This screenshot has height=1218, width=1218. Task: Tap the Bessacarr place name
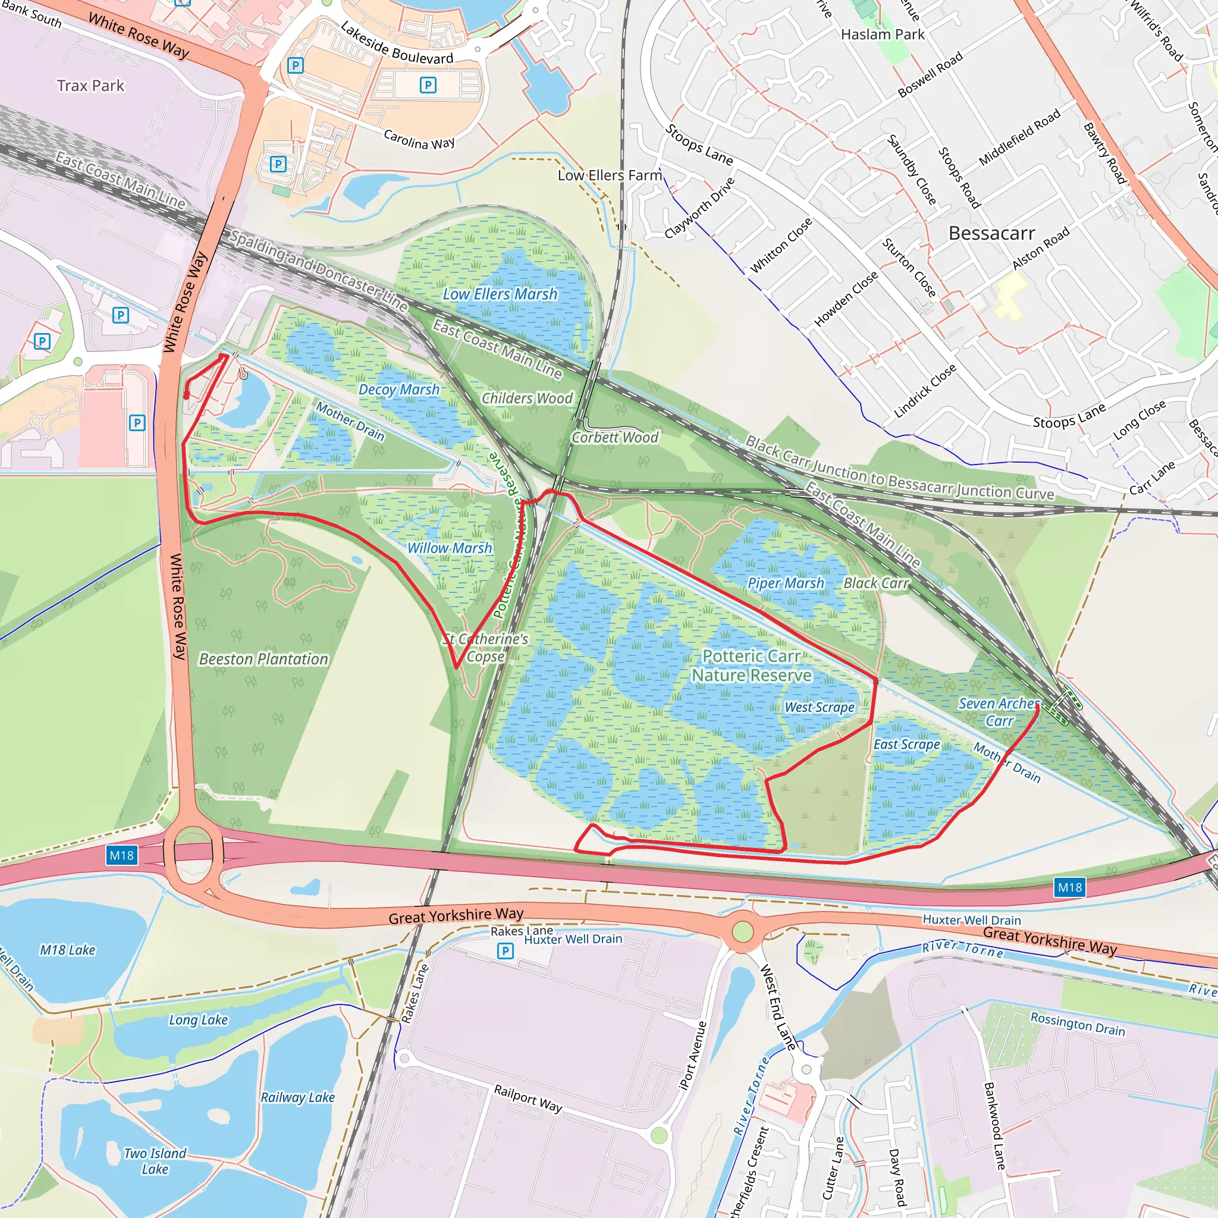tap(991, 233)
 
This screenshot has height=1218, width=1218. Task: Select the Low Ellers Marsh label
tap(500, 294)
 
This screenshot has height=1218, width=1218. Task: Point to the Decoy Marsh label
tap(398, 390)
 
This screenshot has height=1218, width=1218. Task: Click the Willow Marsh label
tap(449, 548)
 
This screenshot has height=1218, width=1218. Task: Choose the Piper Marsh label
tap(785, 583)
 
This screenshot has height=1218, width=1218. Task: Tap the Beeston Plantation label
tap(263, 659)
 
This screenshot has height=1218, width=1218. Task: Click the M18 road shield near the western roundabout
tap(122, 855)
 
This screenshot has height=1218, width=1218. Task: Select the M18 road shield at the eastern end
tap(1069, 888)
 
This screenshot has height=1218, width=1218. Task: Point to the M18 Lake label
tap(67, 949)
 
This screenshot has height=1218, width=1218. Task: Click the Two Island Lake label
tap(155, 1161)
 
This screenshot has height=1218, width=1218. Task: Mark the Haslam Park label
tap(882, 34)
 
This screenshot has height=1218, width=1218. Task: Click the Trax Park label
tap(91, 86)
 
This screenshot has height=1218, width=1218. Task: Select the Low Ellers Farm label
tap(609, 175)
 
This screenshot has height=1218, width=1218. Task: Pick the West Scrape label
tap(819, 707)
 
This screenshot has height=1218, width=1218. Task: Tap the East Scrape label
tap(906, 745)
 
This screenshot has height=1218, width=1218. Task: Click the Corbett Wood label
tap(615, 437)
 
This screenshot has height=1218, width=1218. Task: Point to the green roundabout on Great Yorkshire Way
tap(743, 931)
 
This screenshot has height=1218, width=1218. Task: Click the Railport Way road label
tap(527, 1098)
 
